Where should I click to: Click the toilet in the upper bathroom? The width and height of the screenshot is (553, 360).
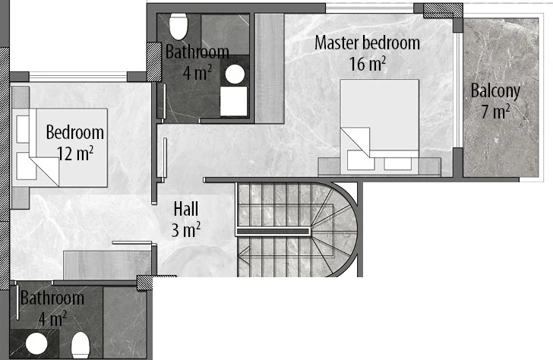click(x=179, y=27)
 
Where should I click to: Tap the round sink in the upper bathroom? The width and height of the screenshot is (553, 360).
click(x=235, y=74)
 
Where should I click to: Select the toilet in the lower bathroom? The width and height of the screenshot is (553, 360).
click(x=81, y=346)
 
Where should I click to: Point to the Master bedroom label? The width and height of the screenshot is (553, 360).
click(x=367, y=43)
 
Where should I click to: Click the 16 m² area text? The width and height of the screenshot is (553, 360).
click(x=367, y=64)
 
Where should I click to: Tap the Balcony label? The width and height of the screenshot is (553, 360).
click(x=495, y=91)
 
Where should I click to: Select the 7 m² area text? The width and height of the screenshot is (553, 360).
click(x=495, y=112)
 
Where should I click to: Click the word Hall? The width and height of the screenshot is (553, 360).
click(x=186, y=209)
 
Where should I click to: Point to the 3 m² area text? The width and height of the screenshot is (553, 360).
click(x=186, y=230)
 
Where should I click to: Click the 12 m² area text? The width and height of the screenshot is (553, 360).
click(x=75, y=153)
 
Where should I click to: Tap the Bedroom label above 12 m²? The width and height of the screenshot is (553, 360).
click(x=75, y=133)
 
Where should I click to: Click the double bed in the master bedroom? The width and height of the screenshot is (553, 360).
click(x=380, y=127)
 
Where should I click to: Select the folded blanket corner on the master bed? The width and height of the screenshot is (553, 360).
click(x=355, y=142)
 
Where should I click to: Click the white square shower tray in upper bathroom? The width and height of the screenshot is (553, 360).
click(x=233, y=101)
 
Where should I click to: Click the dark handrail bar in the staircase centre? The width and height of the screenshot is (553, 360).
click(x=273, y=232)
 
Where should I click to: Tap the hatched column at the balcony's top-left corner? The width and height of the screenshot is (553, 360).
click(x=443, y=11)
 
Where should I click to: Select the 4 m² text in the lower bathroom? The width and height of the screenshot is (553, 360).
click(x=52, y=320)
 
